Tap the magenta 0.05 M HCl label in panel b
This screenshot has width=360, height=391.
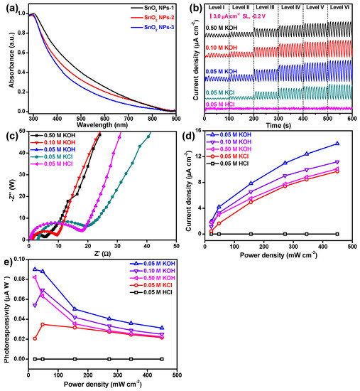click(x=224, y=105)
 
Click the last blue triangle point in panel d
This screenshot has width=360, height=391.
click(x=337, y=144)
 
